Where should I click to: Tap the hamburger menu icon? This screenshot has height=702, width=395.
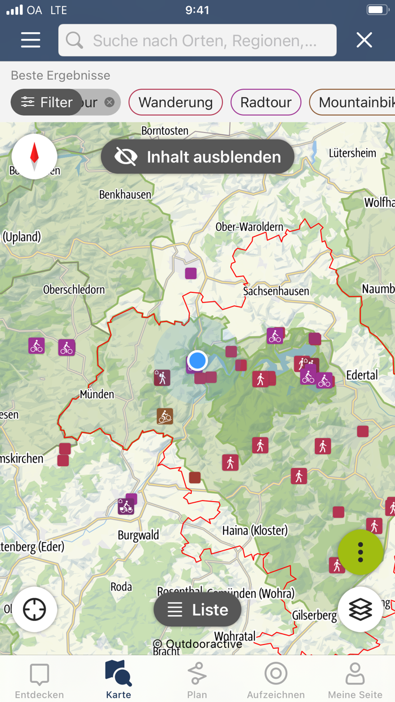pyautogui.click(x=30, y=40)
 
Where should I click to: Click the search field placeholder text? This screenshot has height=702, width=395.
pyautogui.click(x=204, y=41)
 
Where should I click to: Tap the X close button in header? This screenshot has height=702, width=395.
pyautogui.click(x=364, y=40)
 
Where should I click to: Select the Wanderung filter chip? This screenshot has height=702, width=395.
pyautogui.click(x=175, y=102)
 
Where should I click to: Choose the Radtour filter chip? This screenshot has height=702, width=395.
pyautogui.click(x=266, y=102)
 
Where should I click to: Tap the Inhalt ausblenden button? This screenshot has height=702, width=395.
pyautogui.click(x=197, y=156)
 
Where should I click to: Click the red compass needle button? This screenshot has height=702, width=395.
pyautogui.click(x=34, y=156)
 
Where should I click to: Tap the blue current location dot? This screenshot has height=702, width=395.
pyautogui.click(x=197, y=360)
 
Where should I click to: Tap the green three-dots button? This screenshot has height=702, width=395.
pyautogui.click(x=361, y=552)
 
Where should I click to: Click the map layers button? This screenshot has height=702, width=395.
pyautogui.click(x=361, y=609)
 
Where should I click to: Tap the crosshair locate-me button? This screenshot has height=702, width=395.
pyautogui.click(x=34, y=609)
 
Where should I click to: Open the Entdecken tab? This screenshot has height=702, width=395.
pyautogui.click(x=39, y=681)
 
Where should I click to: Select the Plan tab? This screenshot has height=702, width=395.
pyautogui.click(x=197, y=681)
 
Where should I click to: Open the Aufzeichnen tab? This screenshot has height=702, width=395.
pyautogui.click(x=276, y=681)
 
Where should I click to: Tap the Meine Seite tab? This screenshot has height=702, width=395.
pyautogui.click(x=355, y=681)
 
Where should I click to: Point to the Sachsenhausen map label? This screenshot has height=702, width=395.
pyautogui.click(x=276, y=291)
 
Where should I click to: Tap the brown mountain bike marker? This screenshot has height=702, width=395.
pyautogui.click(x=165, y=416)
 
